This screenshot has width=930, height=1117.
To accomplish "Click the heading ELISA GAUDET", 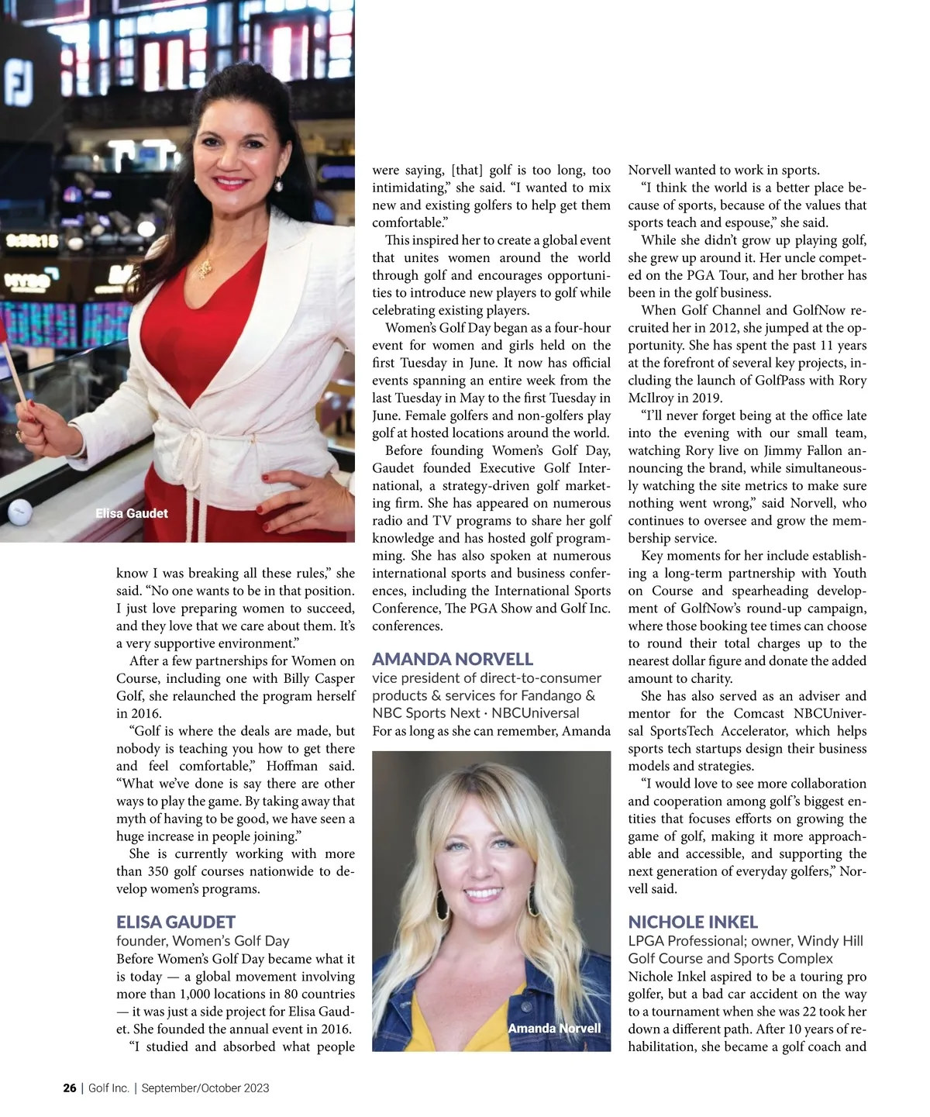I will (x=176, y=922).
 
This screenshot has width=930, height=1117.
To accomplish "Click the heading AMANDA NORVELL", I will (x=453, y=659).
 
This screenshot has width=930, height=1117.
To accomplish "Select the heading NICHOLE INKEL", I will (x=693, y=922).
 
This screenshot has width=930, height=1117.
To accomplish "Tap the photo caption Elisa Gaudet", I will (x=131, y=513).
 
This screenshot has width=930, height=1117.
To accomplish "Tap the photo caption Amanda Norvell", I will (x=554, y=1028).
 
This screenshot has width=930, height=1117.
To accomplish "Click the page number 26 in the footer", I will (x=70, y=1088).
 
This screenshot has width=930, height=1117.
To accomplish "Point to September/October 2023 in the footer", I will (x=205, y=1088).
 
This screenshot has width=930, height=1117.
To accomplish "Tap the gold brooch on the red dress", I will (x=203, y=269).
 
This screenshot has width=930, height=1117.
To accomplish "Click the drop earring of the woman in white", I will (x=277, y=185).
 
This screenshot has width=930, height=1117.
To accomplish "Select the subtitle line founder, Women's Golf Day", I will (x=203, y=940).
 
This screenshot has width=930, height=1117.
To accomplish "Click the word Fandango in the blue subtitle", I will (x=549, y=695).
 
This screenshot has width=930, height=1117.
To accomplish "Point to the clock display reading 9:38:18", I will (x=33, y=240).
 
